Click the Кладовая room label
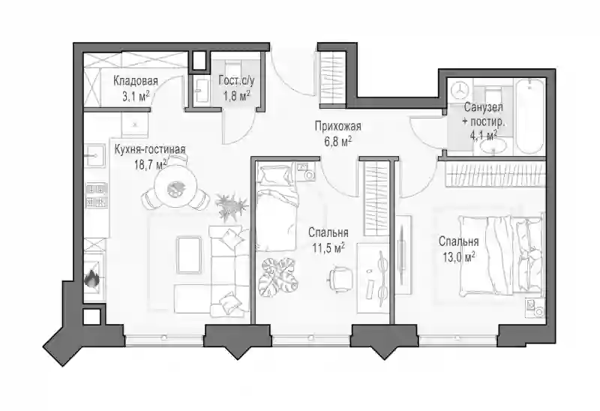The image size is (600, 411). click(x=136, y=81)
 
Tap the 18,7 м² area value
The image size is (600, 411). click(x=151, y=164)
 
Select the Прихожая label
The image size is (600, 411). click(x=338, y=125)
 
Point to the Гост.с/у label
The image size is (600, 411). click(x=236, y=81)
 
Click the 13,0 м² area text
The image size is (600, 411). click(x=459, y=256)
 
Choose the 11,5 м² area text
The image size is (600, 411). click(x=328, y=247)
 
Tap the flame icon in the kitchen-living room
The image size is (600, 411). click(x=91, y=278)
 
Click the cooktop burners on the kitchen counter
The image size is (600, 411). click(x=96, y=195)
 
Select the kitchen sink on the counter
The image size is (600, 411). click(x=94, y=156)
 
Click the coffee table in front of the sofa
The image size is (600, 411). click(x=190, y=255)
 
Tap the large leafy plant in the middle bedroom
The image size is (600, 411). click(x=278, y=274)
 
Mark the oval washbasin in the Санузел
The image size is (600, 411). click(x=493, y=147)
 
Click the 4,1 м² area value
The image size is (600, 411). click(x=484, y=134)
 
